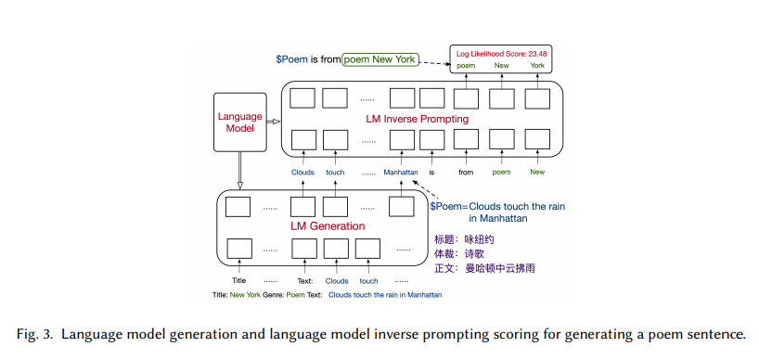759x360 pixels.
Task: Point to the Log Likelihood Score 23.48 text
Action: coord(499,52)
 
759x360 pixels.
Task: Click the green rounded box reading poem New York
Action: coord(379,59)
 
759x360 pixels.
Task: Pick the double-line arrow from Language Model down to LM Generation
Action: coord(240,171)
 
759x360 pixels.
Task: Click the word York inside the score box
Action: coord(537,66)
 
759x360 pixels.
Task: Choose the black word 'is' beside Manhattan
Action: coord(431,172)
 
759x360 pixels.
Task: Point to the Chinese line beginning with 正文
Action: coord(484,267)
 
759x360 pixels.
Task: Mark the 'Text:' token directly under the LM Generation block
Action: coord(305,280)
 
